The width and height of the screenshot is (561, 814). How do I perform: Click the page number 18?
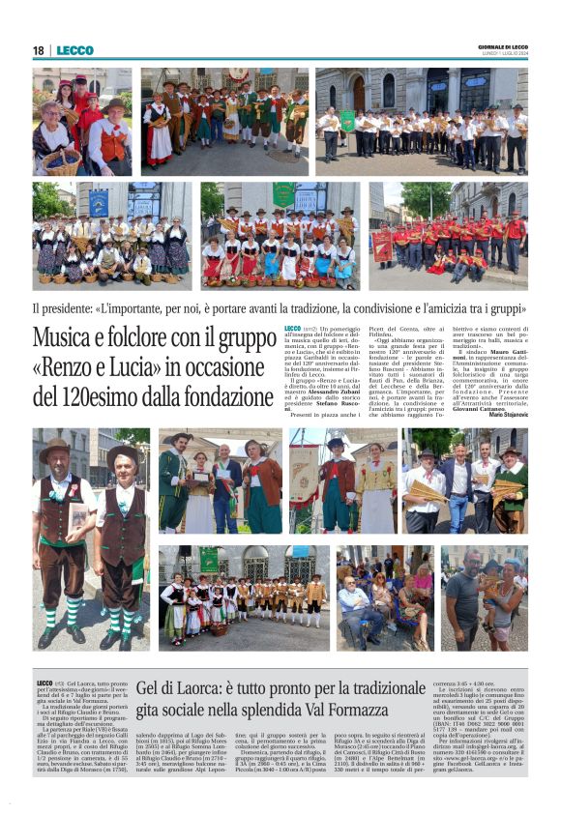(38, 50)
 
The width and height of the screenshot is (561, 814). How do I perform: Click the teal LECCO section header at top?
(74, 50)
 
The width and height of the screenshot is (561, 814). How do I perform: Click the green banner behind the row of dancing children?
(209, 560)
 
